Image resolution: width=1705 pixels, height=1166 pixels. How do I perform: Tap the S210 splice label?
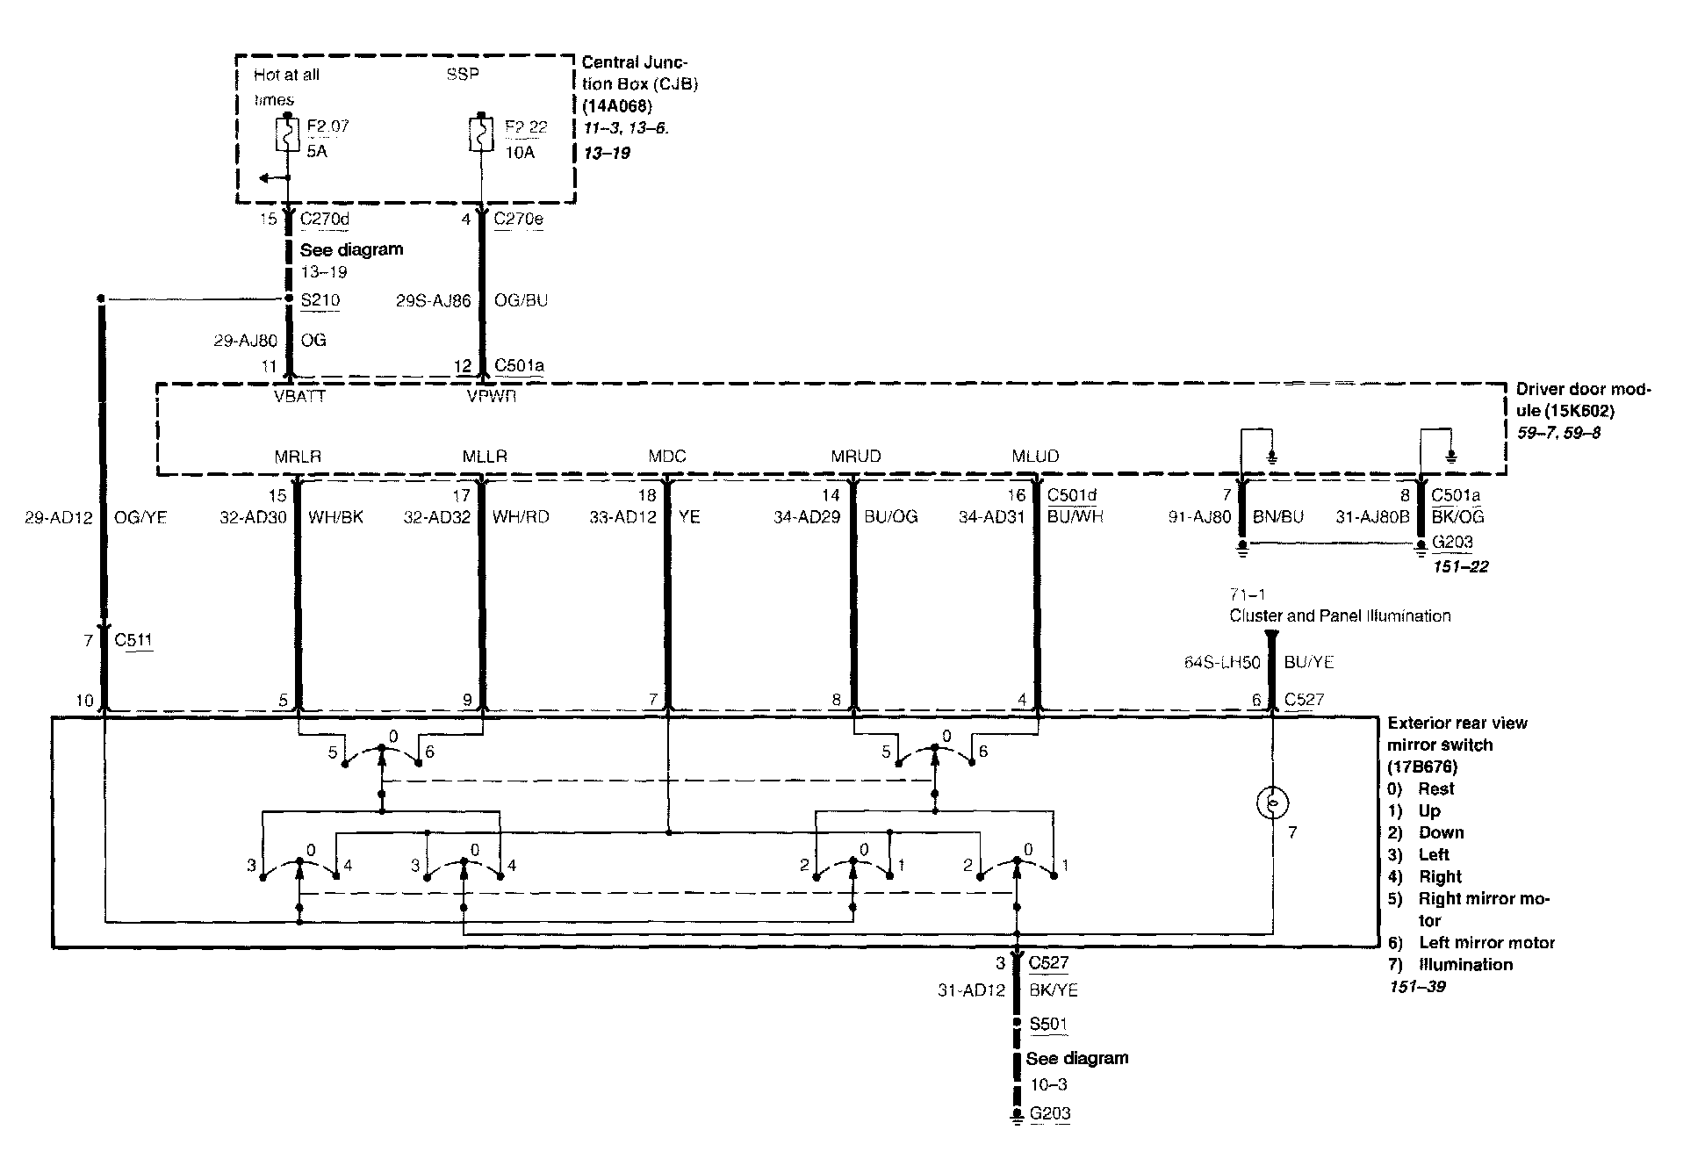click(320, 300)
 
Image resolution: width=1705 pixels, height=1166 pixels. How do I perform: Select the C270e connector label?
click(518, 219)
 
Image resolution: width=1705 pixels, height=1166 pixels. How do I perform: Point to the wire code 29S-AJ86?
click(433, 300)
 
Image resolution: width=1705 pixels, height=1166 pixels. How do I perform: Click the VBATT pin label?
click(300, 397)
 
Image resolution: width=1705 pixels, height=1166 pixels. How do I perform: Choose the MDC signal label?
click(666, 457)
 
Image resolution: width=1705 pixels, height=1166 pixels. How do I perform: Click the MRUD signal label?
click(855, 457)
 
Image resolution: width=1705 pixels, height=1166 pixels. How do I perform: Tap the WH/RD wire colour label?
click(521, 517)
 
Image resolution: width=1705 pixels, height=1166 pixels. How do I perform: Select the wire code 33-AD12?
click(622, 517)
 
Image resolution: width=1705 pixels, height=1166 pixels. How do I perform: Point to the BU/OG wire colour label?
click(891, 517)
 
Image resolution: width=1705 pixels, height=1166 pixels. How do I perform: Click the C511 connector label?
click(133, 640)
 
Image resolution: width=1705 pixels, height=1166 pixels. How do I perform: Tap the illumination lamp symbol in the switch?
click(1272, 803)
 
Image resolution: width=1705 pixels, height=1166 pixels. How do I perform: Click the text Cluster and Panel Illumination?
click(1340, 615)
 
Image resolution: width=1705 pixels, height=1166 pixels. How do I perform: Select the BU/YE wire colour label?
click(1308, 662)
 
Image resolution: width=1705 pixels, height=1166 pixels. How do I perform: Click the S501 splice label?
click(1048, 1024)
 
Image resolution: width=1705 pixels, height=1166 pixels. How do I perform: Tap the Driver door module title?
click(1584, 399)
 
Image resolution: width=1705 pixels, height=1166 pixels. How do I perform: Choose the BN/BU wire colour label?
click(1277, 517)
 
